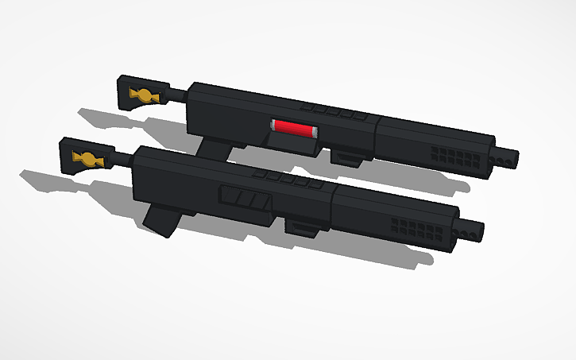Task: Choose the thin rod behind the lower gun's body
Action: click(x=122, y=157)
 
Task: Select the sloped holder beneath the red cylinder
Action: click(x=291, y=142)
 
